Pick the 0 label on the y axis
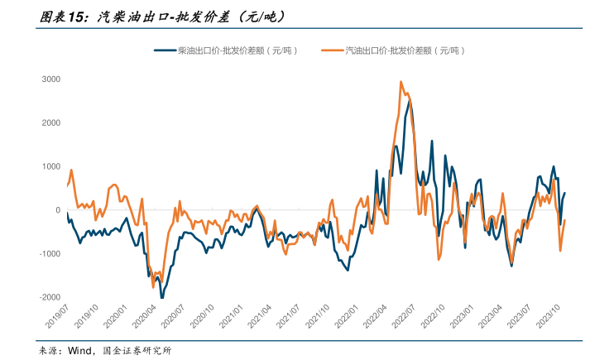(x=57, y=210)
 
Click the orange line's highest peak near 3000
(x=401, y=82)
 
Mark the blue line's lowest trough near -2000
(x=161, y=296)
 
